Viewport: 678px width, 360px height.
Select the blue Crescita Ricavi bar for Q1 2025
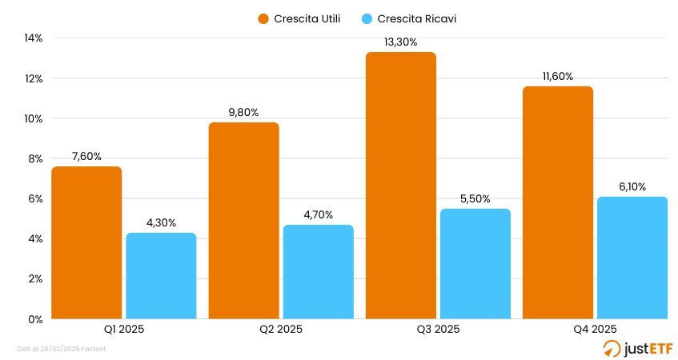(161, 276)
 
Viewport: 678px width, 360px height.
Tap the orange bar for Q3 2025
(401, 186)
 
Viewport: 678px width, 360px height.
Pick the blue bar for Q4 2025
(632, 258)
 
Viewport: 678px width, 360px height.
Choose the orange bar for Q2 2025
(243, 221)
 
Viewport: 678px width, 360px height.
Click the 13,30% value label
(401, 42)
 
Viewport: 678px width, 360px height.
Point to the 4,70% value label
(318, 214)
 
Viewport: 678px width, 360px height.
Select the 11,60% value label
(558, 77)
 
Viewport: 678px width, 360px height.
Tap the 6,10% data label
(632, 186)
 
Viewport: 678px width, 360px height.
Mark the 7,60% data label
(86, 157)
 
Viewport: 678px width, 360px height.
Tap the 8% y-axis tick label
(35, 158)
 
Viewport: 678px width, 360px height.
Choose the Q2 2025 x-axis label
(280, 329)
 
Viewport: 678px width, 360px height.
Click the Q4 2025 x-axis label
(594, 329)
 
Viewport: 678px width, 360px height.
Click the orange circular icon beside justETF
(612, 348)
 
